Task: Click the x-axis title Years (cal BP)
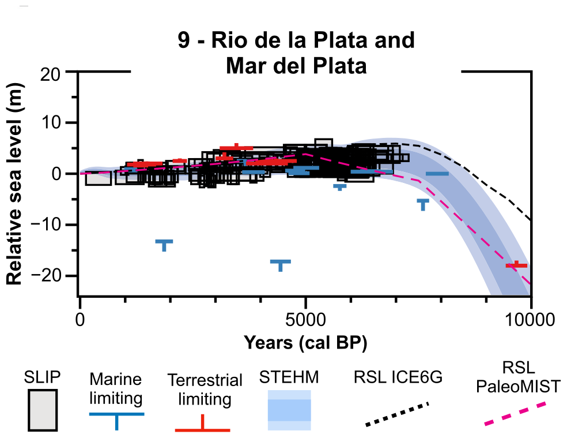pyautogui.click(x=305, y=342)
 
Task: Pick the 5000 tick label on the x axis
pyautogui.click(x=305, y=319)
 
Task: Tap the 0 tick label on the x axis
pyautogui.click(x=81, y=319)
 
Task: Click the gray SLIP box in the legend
pyautogui.click(x=43, y=410)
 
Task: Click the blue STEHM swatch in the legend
pyautogui.click(x=289, y=410)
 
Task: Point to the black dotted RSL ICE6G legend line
pyautogui.click(x=398, y=414)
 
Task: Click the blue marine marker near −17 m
pyautogui.click(x=281, y=264)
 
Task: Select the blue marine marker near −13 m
pyautogui.click(x=164, y=244)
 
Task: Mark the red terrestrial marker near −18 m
pyautogui.click(x=516, y=265)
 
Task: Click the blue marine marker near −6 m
pyautogui.click(x=423, y=203)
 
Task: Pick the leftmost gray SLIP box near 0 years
pyautogui.click(x=98, y=178)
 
